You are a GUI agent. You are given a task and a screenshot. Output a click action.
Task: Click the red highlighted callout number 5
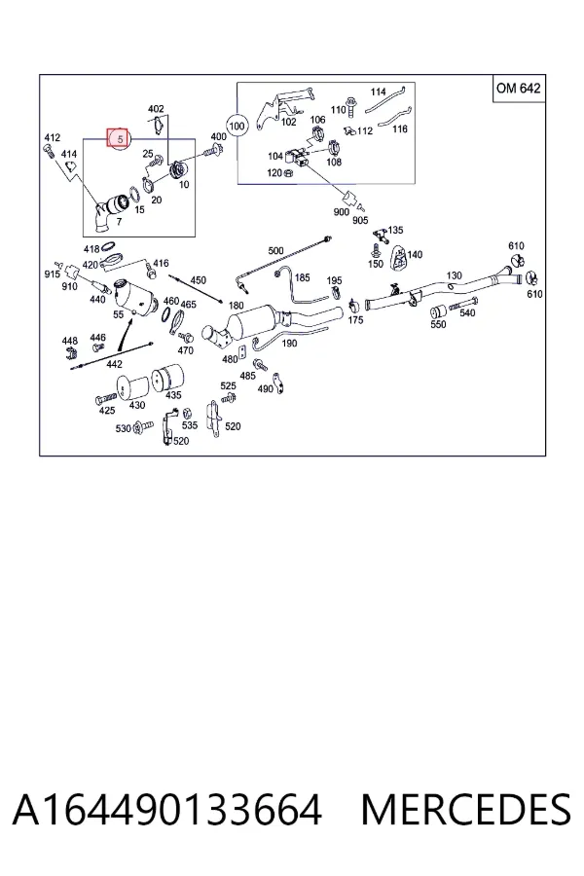[119, 138]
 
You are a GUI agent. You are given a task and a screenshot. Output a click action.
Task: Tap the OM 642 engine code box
[518, 89]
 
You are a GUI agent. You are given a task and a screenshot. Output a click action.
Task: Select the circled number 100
[237, 126]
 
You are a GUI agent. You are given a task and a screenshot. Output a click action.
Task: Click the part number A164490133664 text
[167, 810]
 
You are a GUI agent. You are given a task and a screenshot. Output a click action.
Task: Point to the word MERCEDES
[466, 810]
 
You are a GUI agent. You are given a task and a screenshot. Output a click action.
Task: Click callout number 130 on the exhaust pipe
[454, 275]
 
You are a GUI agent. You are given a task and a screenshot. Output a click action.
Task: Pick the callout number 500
[275, 251]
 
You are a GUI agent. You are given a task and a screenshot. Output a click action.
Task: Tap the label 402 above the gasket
[156, 109]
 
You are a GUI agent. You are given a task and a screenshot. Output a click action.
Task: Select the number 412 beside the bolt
[52, 137]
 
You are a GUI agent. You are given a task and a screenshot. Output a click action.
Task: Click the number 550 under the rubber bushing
[438, 324]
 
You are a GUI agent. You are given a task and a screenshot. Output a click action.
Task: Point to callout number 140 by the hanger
[415, 255]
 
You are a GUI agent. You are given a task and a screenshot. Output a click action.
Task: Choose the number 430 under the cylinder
[137, 406]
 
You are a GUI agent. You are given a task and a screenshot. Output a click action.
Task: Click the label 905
[360, 220]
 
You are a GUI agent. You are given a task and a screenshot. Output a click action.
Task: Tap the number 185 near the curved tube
[302, 277]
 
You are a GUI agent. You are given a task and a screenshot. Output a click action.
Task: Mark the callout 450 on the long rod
[198, 280]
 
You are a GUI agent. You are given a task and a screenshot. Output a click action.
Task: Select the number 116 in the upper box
[400, 129]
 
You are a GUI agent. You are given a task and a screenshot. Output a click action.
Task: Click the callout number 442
[114, 364]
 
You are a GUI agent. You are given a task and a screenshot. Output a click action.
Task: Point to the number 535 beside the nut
[190, 425]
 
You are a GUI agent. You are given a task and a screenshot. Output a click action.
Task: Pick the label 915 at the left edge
[52, 274]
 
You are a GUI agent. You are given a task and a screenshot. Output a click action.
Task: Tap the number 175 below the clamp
[355, 320]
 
